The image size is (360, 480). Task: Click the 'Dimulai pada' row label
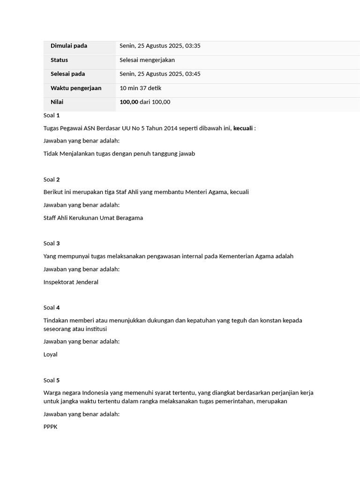69,46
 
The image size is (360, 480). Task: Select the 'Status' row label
59,60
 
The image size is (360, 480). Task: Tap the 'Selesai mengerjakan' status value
147,60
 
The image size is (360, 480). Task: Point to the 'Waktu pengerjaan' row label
76,88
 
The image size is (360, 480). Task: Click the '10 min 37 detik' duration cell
140,88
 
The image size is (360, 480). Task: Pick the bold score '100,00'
129,102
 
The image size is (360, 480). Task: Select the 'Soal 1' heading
52,115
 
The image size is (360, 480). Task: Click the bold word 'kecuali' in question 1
243,128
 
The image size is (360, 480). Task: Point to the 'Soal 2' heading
52,180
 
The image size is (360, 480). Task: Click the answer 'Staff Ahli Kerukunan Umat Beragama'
93,218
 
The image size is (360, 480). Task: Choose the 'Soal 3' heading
52,243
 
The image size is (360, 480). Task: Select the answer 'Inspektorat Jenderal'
71,282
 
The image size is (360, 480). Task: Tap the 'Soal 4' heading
52,308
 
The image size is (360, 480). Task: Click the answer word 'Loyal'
50,355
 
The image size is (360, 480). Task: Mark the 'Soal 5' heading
52,381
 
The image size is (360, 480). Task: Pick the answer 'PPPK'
50,427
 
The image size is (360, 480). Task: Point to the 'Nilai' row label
57,102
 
